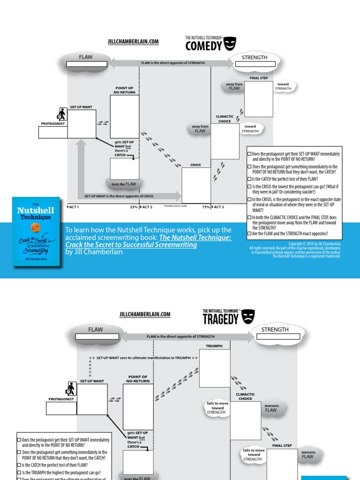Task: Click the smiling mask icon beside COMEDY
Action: (229, 45)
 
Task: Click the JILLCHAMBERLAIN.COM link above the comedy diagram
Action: (133, 42)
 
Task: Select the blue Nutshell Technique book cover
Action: (36, 232)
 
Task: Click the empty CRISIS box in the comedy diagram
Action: (196, 185)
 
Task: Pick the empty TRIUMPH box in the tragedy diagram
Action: (215, 368)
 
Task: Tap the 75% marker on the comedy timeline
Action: (206, 207)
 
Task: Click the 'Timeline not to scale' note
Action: (175, 206)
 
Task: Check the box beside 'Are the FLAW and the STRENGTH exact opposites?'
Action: (249, 233)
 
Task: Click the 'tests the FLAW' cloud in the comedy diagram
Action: (124, 184)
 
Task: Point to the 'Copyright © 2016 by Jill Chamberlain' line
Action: (315, 244)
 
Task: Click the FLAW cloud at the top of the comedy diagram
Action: (86, 60)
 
